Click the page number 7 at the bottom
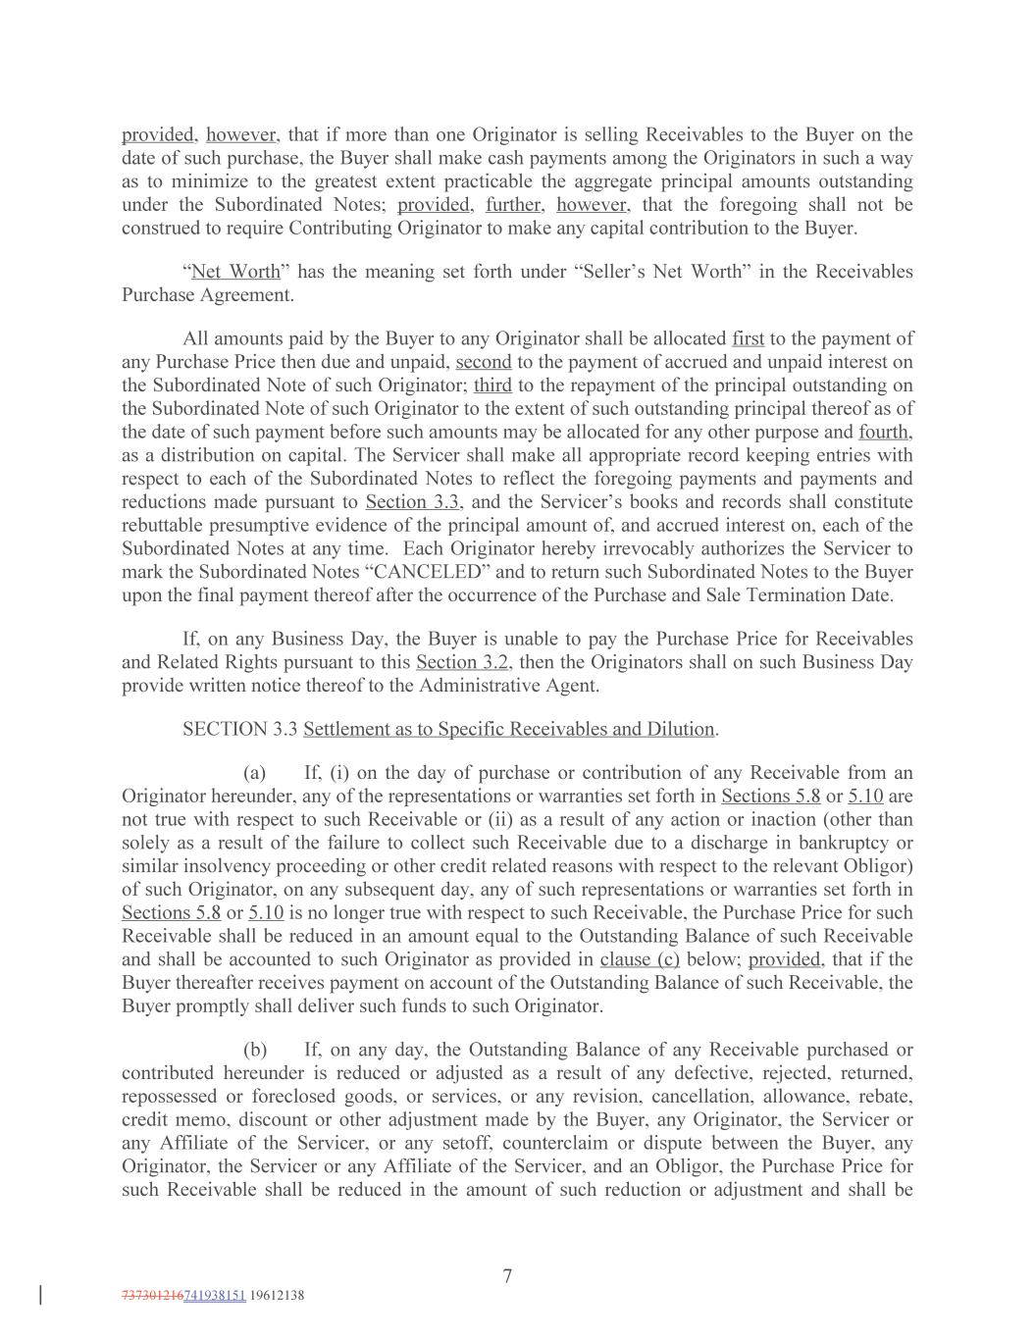coord(507,1276)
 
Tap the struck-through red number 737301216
coord(152,1295)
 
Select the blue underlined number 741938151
coord(214,1295)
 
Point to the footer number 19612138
coord(277,1295)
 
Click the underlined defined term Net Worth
coord(235,272)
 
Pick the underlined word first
coord(748,338)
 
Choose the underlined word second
coord(483,362)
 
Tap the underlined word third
coord(492,386)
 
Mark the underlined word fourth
coord(886,432)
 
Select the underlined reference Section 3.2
coord(464,662)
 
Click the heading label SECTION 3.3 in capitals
coord(239,729)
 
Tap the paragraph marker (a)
coord(255,773)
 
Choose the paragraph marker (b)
coord(255,1050)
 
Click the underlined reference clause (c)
coord(640,959)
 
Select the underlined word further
coord(515,205)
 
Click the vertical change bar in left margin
coord(40,1295)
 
